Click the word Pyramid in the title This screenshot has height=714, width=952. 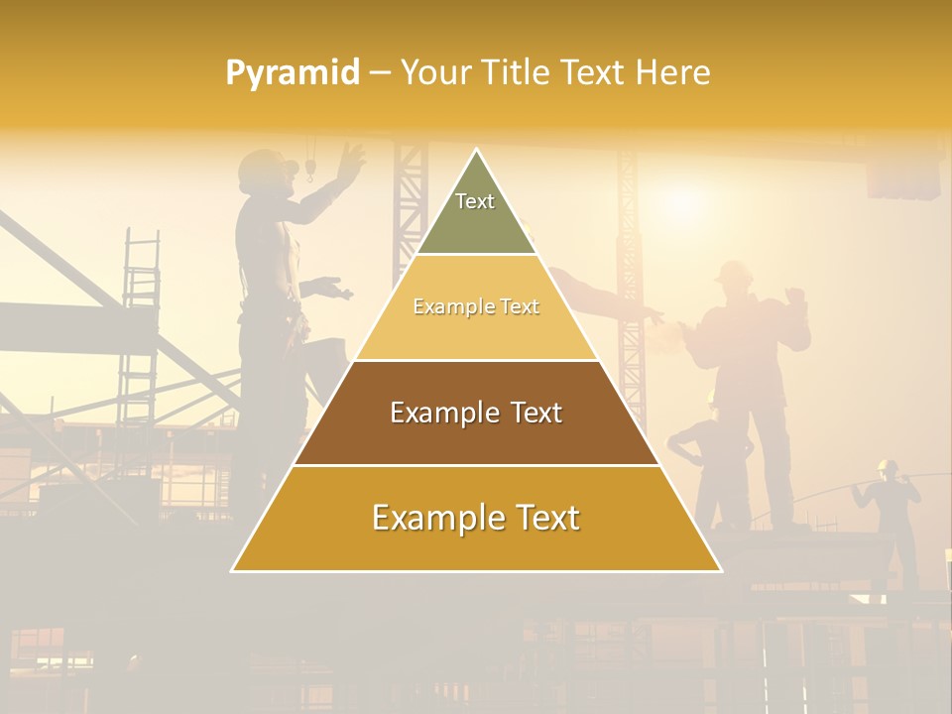293,73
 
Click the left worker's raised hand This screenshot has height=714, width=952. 350,156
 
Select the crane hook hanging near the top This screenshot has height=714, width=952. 309,173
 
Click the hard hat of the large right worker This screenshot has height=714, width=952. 733,270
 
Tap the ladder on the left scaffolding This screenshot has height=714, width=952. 140,327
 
